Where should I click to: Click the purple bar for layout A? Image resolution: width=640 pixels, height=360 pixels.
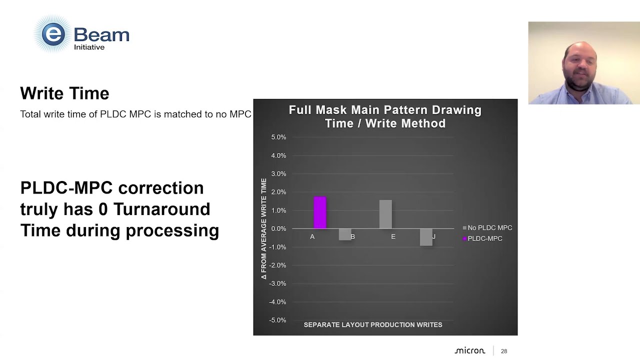click(320, 212)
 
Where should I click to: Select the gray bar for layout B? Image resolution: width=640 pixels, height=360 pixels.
click(344, 234)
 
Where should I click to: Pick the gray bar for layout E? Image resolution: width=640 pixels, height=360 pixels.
click(385, 214)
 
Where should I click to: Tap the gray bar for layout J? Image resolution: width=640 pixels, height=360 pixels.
click(426, 237)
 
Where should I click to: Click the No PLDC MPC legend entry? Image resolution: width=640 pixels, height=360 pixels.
click(487, 228)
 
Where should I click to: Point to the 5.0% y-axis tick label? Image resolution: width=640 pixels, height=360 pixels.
click(278, 137)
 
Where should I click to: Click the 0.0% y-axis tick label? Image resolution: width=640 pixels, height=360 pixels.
click(278, 228)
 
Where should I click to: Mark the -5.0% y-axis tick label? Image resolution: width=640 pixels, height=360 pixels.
click(277, 320)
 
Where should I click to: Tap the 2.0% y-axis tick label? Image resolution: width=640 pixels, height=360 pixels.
click(278, 192)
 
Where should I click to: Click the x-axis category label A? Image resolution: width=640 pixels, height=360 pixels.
click(312, 236)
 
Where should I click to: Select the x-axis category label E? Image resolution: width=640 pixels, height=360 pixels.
click(393, 236)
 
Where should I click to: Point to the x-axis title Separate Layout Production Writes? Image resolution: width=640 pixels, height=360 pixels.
click(373, 324)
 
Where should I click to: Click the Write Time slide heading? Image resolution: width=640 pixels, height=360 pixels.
click(64, 93)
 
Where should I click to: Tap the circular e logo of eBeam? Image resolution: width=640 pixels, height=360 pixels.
click(53, 34)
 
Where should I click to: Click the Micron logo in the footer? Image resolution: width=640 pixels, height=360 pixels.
click(469, 351)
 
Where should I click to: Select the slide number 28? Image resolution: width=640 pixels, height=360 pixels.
click(504, 351)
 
